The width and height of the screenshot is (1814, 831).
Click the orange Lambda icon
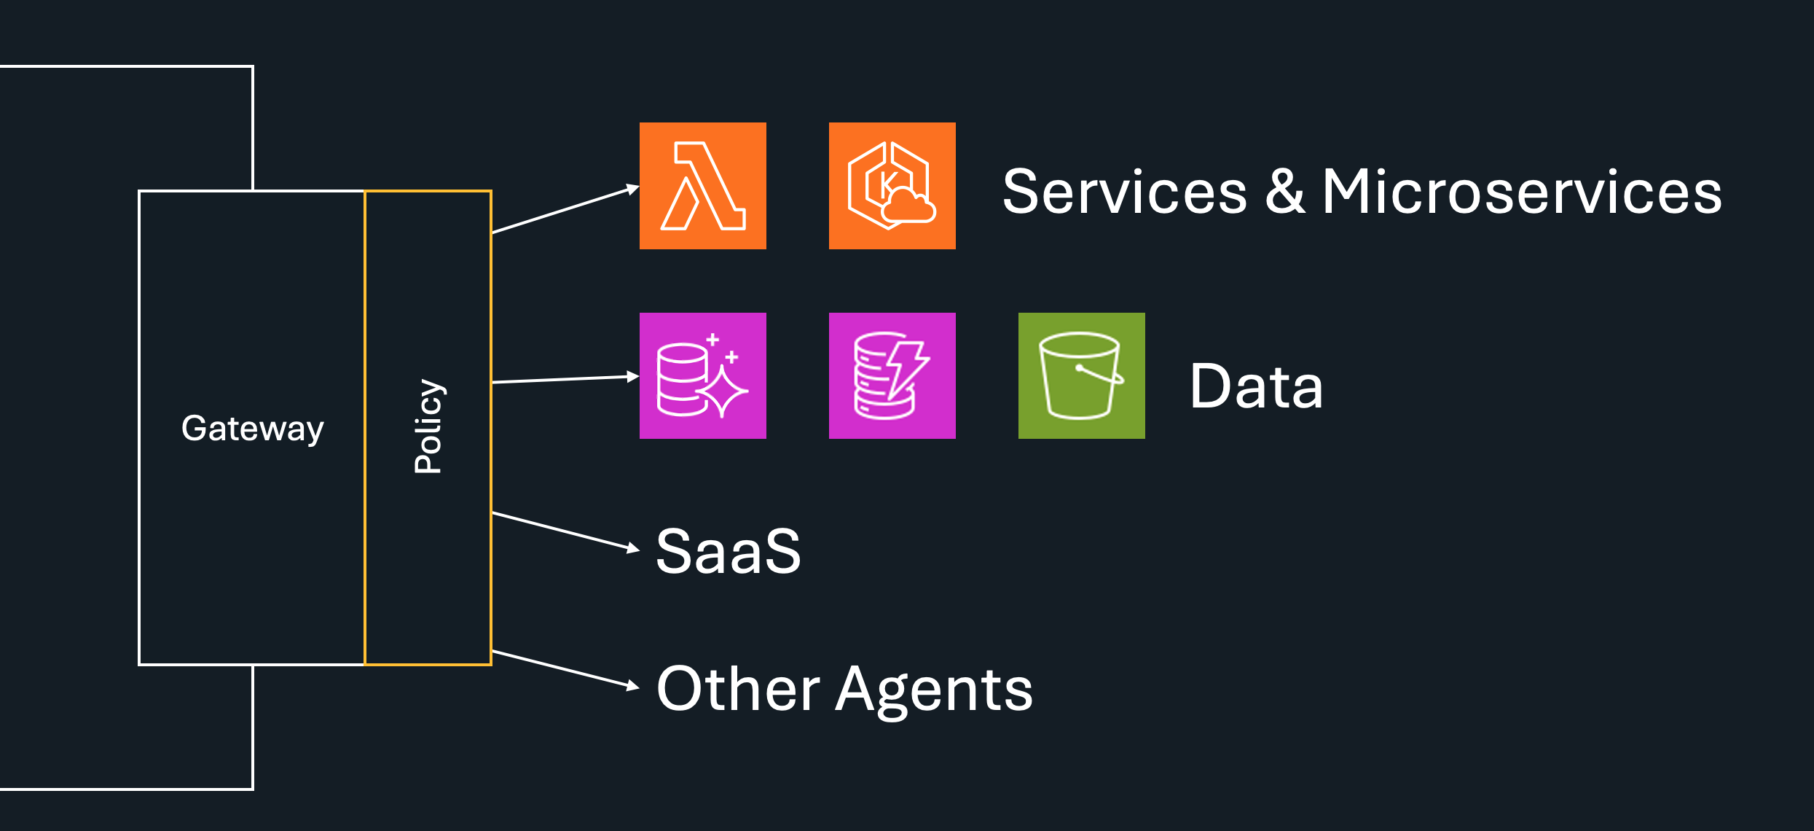(x=702, y=186)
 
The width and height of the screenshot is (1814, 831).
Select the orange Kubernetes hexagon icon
(x=892, y=186)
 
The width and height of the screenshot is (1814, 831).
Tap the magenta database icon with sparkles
(x=702, y=375)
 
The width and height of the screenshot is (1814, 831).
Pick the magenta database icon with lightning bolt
(x=892, y=375)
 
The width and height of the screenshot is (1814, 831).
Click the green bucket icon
(x=1081, y=375)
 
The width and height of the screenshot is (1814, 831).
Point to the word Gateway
(x=252, y=429)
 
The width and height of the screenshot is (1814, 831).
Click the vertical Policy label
(x=428, y=426)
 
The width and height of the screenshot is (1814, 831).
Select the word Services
(x=1125, y=192)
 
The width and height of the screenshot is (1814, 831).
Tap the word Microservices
(x=1522, y=192)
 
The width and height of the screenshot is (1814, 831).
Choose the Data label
(x=1256, y=386)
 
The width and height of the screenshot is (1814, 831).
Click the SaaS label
(x=728, y=551)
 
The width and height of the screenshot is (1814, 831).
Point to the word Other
(x=738, y=689)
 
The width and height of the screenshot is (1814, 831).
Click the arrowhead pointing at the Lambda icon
(x=632, y=190)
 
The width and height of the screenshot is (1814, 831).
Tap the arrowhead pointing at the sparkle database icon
(x=632, y=376)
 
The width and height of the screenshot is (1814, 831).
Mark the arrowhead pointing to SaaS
(x=632, y=548)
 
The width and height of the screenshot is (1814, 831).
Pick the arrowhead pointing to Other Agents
(x=632, y=685)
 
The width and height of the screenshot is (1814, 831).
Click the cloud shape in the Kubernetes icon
(x=908, y=206)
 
